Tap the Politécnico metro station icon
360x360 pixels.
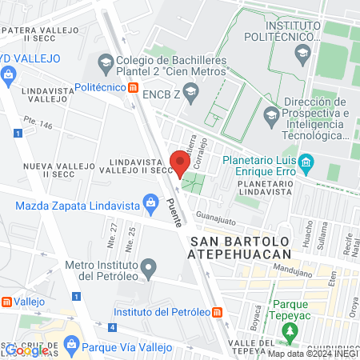[x=134, y=87]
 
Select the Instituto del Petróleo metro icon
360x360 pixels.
[x=218, y=312]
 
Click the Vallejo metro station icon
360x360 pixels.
[x=7, y=302]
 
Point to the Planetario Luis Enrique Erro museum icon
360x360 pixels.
[x=306, y=166]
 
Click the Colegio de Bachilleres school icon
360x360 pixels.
[x=106, y=62]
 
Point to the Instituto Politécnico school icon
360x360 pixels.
[x=302, y=54]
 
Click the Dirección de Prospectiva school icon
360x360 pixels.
[x=272, y=113]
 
